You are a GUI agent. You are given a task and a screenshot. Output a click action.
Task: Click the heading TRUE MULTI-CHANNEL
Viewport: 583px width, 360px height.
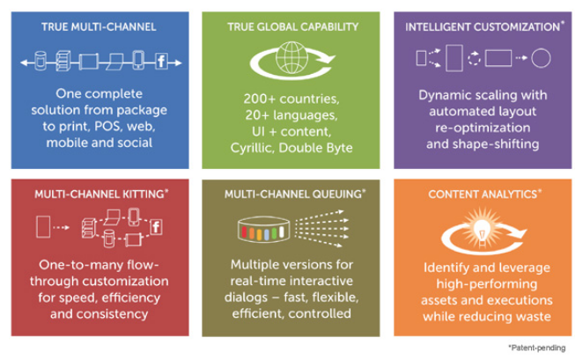pyautogui.click(x=99, y=27)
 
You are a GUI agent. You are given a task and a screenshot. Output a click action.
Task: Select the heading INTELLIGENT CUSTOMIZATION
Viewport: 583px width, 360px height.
pyautogui.click(x=483, y=27)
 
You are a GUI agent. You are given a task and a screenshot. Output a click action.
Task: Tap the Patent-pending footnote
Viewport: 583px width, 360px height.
pyautogui.click(x=536, y=349)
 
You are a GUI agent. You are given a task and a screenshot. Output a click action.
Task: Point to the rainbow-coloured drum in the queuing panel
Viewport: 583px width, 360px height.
pyautogui.click(x=266, y=231)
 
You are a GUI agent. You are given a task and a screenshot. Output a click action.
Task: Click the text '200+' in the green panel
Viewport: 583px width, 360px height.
pyautogui.click(x=257, y=98)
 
